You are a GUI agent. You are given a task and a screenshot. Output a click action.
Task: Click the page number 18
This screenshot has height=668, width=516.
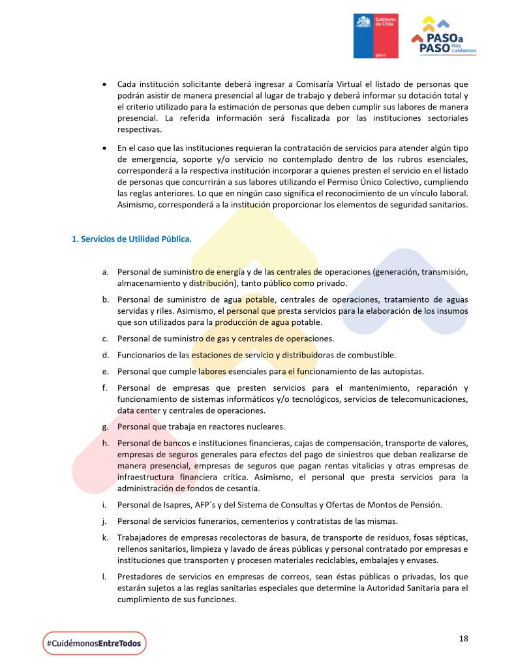[x=463, y=638]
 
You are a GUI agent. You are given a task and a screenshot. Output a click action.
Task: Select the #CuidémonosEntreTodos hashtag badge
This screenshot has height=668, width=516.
[x=94, y=643]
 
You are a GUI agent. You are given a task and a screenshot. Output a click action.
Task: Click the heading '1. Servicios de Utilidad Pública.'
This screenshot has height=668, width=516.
[x=132, y=239]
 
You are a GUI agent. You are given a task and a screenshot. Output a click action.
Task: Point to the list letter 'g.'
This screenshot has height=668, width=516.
[x=104, y=427]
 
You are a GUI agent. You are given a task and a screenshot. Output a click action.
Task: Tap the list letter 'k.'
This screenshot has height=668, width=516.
[x=104, y=537]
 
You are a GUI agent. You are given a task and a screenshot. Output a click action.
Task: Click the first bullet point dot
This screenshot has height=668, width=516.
[x=104, y=85]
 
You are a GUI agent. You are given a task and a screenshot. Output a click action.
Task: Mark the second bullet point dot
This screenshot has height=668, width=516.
[x=104, y=149]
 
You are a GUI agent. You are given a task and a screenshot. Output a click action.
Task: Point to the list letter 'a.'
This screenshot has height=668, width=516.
[x=104, y=271]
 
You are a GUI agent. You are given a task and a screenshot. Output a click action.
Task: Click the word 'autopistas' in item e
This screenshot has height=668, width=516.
[x=402, y=371]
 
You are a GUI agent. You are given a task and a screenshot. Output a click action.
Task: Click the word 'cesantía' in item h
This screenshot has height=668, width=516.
[x=242, y=489]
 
